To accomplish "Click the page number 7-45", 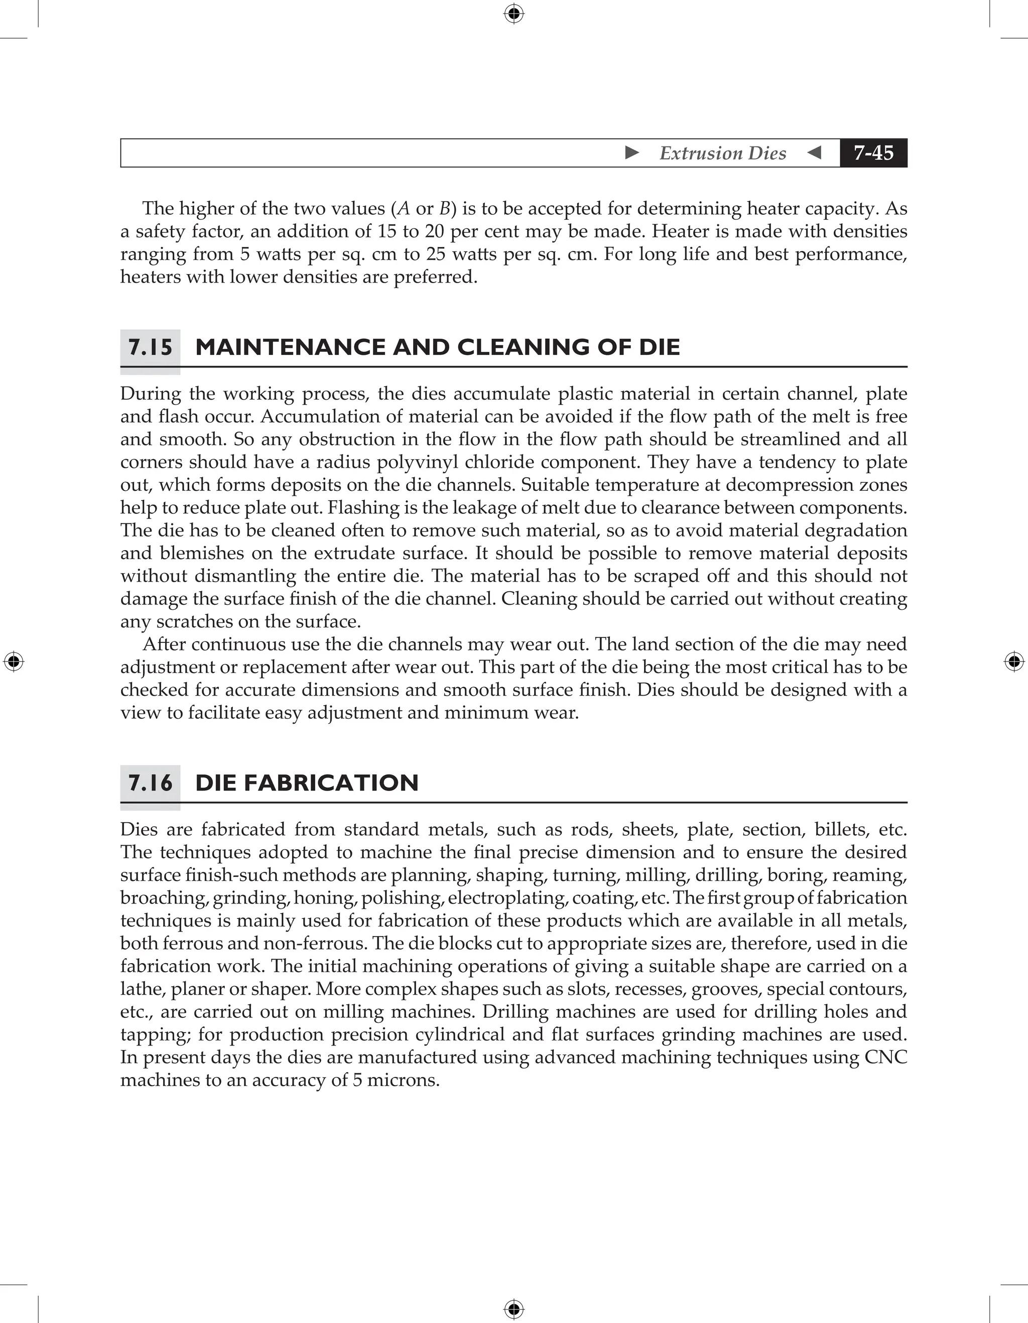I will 873,153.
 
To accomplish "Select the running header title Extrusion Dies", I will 723,153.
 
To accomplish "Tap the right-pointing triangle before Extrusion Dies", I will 632,153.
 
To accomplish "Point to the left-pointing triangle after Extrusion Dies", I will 814,153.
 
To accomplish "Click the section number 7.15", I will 150,348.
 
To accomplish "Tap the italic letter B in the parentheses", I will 445,209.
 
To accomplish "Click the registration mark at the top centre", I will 513,14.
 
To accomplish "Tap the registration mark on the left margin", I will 14,662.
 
